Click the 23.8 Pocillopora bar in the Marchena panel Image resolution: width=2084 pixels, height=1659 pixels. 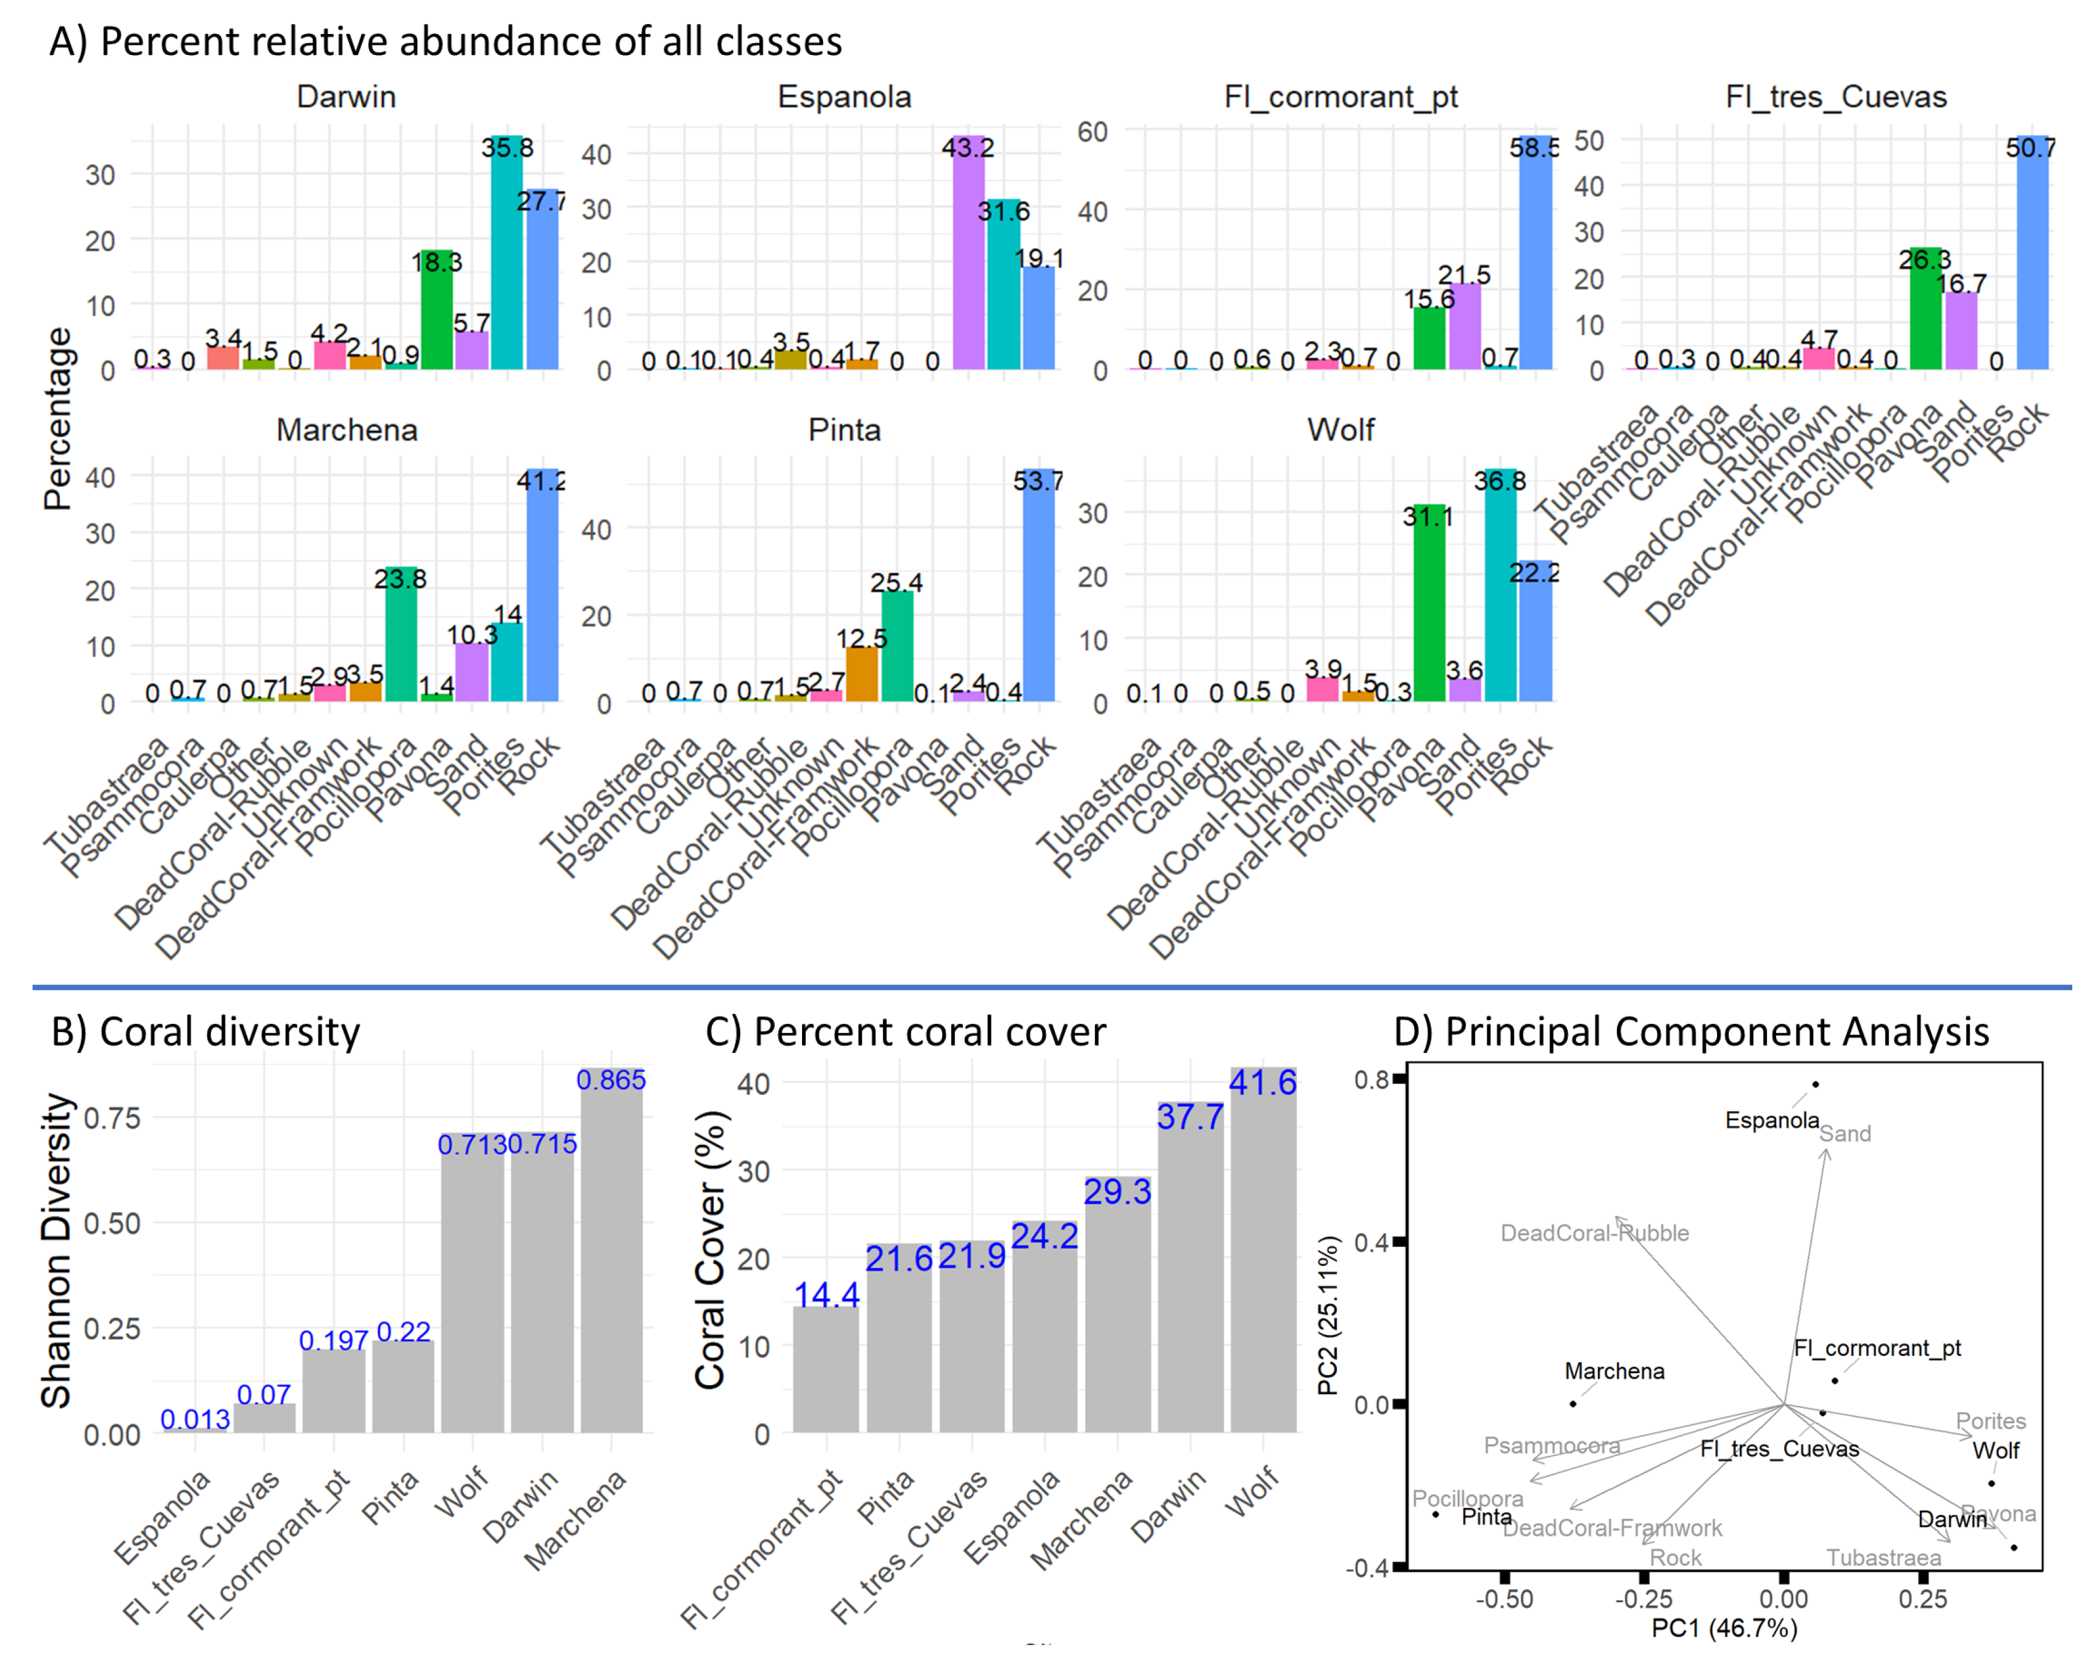401,638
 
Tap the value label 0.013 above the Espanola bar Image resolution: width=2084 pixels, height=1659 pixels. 195,1420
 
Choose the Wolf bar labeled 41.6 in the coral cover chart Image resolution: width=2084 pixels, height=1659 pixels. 1262,1257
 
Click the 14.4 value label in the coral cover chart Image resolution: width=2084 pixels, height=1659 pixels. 827,1294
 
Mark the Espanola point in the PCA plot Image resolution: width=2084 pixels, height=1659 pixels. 1815,1085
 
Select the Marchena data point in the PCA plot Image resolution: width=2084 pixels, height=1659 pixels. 1573,1403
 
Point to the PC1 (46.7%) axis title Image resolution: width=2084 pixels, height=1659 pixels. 1724,1629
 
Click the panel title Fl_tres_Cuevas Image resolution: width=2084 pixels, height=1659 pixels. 1835,97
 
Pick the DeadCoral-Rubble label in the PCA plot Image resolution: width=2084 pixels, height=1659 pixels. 1594,1233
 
